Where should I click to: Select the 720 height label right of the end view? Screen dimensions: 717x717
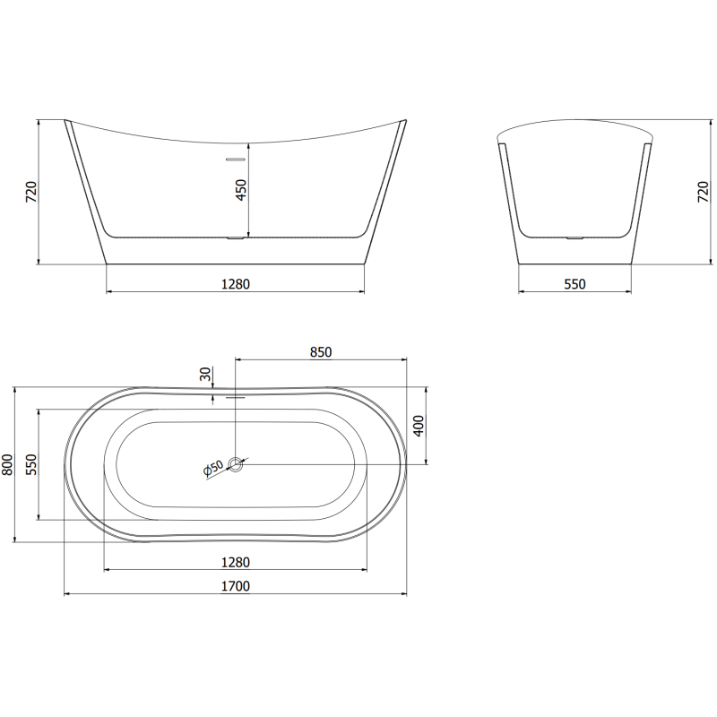(x=703, y=193)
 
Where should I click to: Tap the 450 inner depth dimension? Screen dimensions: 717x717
(x=240, y=190)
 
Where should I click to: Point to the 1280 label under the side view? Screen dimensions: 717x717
(x=235, y=284)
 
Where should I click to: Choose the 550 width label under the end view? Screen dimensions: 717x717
(x=574, y=284)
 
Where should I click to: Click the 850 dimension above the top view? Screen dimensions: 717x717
(x=321, y=352)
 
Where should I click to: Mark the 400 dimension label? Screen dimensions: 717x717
(x=418, y=427)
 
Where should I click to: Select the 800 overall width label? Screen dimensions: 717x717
(x=8, y=464)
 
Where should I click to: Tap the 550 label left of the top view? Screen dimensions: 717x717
(x=30, y=464)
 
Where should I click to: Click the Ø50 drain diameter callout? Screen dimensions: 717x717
(x=212, y=468)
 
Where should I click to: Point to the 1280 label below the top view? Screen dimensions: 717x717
(x=235, y=562)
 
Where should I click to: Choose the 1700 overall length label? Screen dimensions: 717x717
(x=235, y=586)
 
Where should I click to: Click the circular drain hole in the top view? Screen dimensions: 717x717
(x=236, y=463)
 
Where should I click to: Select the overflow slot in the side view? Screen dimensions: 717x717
(x=234, y=159)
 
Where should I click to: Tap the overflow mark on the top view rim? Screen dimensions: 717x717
(x=235, y=394)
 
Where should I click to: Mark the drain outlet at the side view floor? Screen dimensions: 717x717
(x=234, y=238)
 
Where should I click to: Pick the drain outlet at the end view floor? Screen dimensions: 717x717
(x=574, y=238)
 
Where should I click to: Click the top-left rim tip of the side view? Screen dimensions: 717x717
(x=66, y=120)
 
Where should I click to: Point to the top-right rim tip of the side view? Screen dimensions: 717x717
(x=404, y=120)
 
